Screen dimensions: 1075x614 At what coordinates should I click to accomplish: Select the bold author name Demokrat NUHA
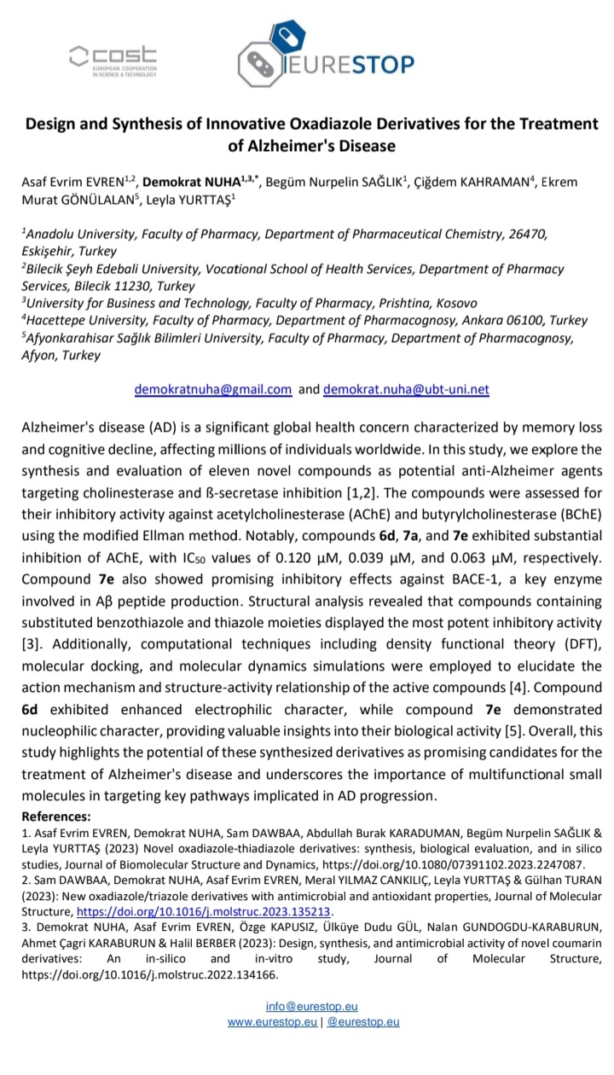tap(180, 182)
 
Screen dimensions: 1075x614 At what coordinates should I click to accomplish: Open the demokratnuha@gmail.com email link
tap(213, 389)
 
